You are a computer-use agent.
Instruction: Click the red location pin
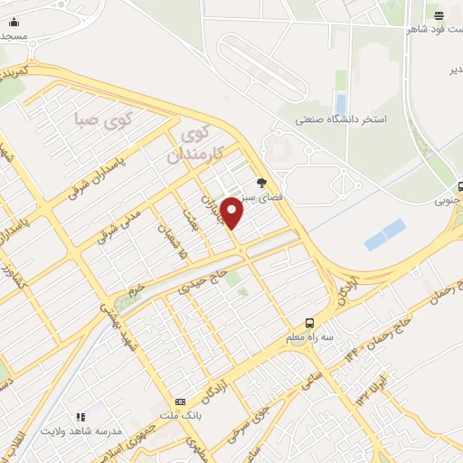point(233,212)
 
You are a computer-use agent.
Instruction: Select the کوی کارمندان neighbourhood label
point(198,146)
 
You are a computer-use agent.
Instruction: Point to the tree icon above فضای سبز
point(262,182)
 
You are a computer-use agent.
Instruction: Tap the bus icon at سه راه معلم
point(310,323)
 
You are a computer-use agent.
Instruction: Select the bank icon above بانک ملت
point(180,401)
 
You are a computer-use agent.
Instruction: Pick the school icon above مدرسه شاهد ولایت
point(80,417)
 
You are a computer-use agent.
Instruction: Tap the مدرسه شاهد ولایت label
point(80,432)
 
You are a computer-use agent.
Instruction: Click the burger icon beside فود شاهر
point(439,15)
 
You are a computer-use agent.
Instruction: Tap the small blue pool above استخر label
point(340,104)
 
